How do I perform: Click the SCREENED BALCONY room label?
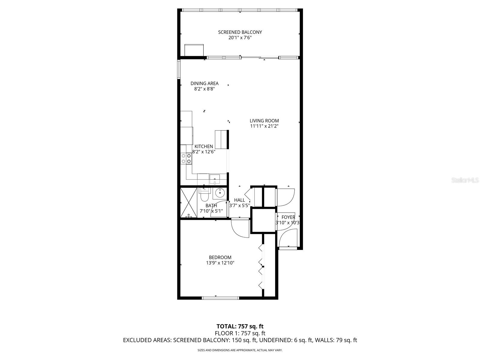point(240,32)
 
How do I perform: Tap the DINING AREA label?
point(204,83)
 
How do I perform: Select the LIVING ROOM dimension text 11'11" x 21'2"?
point(264,126)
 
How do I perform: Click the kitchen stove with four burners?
point(186,158)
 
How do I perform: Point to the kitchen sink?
point(214,179)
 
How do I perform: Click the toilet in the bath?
point(204,195)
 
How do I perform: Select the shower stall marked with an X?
point(189,202)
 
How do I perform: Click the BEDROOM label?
point(220,257)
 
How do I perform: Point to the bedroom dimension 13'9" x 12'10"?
point(220,263)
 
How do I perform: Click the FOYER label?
point(288,217)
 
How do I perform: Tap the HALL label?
point(239,200)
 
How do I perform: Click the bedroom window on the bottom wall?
point(220,298)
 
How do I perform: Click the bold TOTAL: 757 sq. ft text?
point(240,326)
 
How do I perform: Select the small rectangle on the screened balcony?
point(194,50)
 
